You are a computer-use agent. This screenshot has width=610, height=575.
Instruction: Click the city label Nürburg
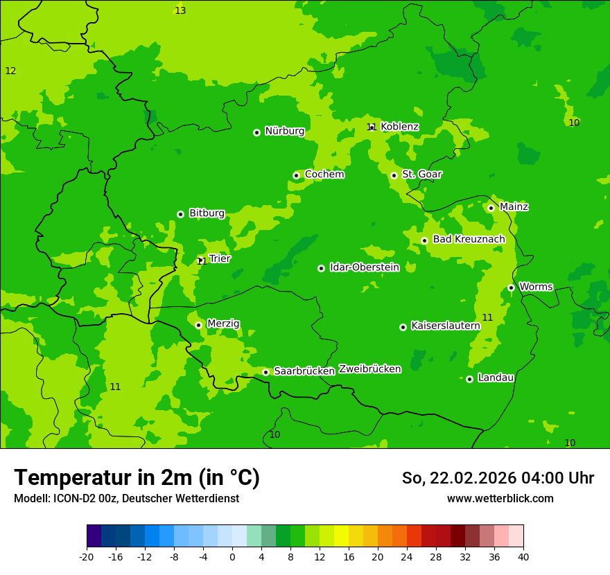click(284, 131)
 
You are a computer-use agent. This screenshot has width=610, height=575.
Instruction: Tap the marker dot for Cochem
click(296, 175)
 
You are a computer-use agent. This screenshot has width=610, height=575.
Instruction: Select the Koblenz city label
click(399, 127)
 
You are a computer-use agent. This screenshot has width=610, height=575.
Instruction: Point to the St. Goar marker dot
click(394, 175)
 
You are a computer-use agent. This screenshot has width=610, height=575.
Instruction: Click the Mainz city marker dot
click(491, 208)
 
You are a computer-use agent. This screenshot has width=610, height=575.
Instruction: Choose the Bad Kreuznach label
click(469, 239)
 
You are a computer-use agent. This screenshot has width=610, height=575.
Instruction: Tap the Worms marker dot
click(511, 287)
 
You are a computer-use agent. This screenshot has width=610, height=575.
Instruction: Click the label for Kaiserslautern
click(445, 326)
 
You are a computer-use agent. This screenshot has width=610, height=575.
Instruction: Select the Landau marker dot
click(469, 379)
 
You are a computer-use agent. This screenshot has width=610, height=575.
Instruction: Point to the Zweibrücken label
click(369, 369)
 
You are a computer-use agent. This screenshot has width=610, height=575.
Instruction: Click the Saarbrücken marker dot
click(265, 372)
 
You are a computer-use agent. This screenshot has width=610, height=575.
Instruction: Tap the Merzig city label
click(223, 324)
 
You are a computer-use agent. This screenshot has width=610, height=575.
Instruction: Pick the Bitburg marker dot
click(180, 214)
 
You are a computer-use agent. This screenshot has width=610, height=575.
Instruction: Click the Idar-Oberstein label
click(364, 267)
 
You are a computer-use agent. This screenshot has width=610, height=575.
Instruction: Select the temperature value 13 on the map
click(180, 10)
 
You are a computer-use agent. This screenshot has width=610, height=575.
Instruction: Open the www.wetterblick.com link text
click(500, 499)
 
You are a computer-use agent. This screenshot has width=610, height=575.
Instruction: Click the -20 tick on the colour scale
click(87, 556)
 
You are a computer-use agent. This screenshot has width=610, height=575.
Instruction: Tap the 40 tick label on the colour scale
click(523, 556)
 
